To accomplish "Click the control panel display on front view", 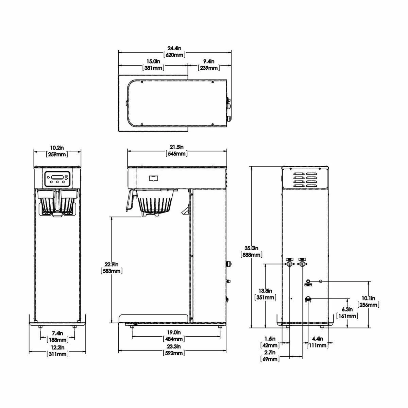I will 57,177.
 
